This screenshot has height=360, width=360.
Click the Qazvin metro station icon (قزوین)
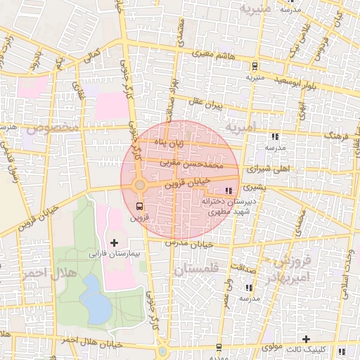pyautogui.click(x=139, y=206)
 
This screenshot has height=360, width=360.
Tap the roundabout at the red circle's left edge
pyautogui.click(x=140, y=185)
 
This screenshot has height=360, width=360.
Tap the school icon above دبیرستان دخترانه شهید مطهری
pyautogui.click(x=227, y=191)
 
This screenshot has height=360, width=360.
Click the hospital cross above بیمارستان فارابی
pyautogui.click(x=115, y=243)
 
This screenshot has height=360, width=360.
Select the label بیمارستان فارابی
pyautogui.click(x=115, y=252)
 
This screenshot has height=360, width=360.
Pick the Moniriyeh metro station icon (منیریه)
pyautogui.click(x=254, y=66)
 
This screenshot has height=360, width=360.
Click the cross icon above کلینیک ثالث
pyautogui.click(x=305, y=340)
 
